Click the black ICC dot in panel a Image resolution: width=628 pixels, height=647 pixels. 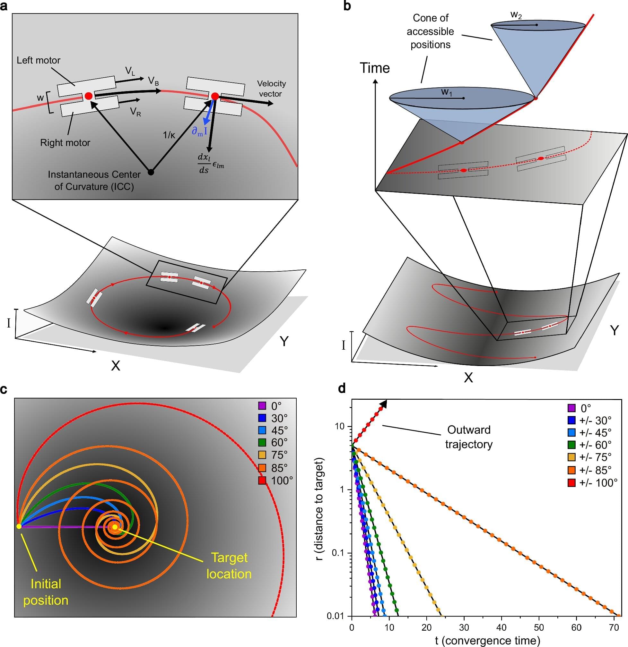point(151,172)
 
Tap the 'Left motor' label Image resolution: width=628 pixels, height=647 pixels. point(39,60)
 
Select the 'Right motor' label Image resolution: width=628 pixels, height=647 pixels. point(65,143)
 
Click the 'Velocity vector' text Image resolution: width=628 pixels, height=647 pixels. point(271,89)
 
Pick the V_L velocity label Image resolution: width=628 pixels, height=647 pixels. point(130,71)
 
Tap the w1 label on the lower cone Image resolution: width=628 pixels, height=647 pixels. point(447,92)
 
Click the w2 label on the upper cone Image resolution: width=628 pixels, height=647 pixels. point(516,15)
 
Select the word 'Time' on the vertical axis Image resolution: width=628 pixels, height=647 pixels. point(375,68)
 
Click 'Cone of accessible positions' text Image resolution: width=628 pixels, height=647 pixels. point(431,31)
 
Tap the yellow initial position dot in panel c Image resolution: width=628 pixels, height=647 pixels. point(19,526)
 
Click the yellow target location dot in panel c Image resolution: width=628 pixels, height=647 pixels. point(115,527)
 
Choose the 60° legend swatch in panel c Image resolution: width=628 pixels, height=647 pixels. point(262,443)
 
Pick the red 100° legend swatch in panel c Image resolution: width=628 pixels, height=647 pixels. point(262,481)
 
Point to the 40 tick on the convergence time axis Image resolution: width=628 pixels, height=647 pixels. point(502,627)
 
